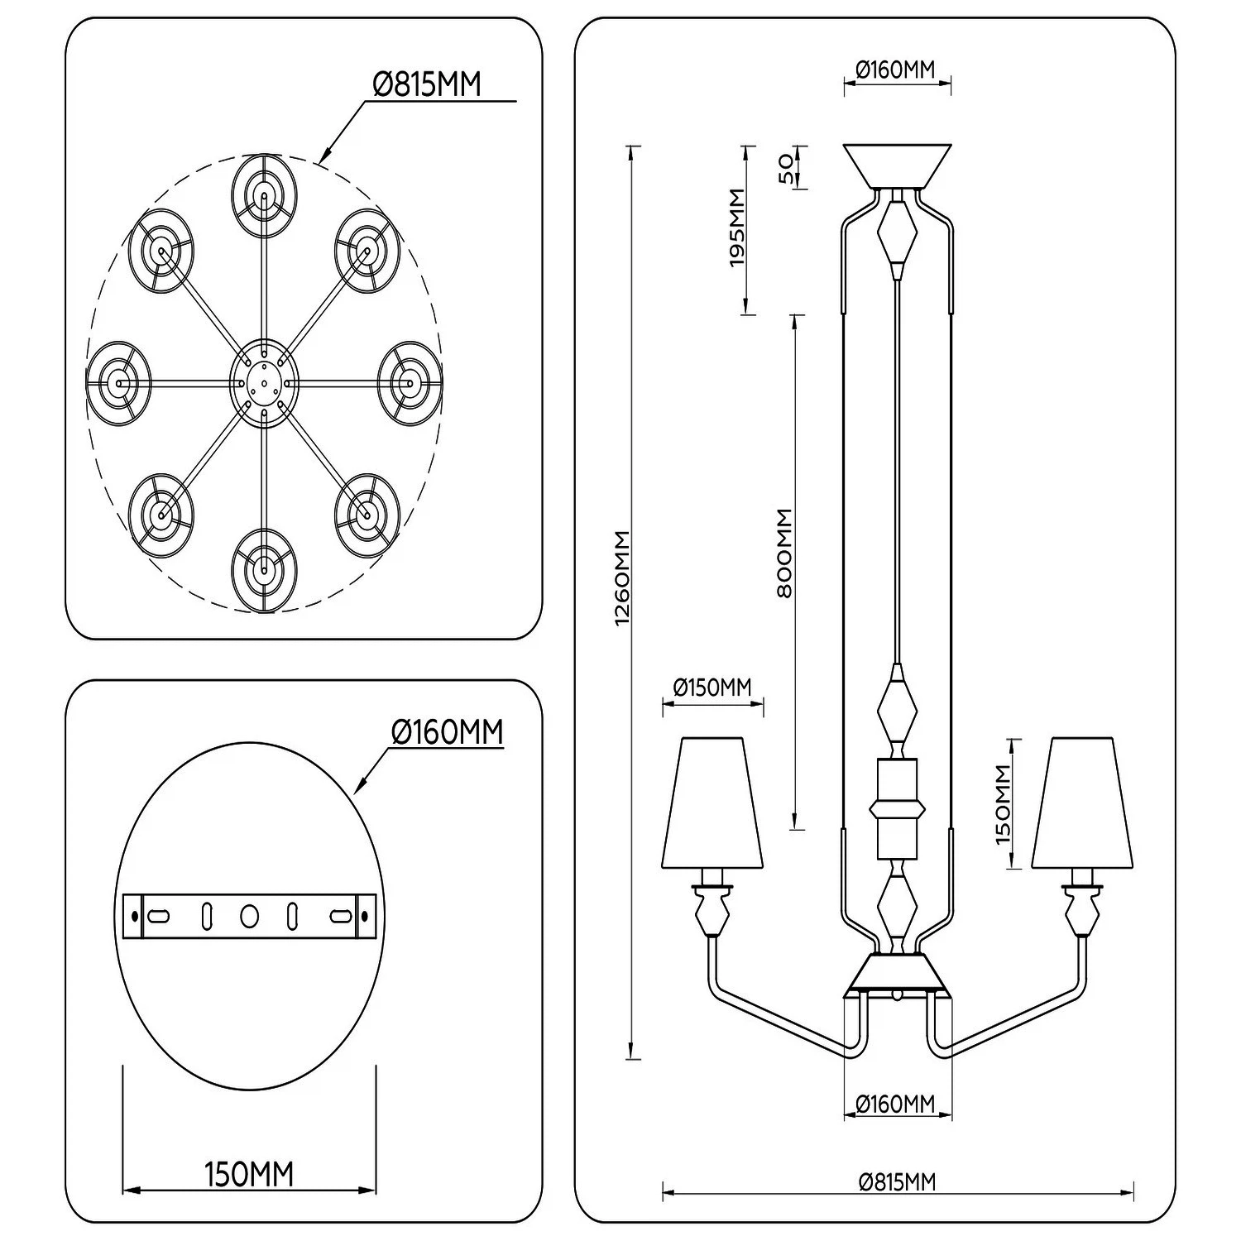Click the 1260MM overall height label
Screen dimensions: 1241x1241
(623, 577)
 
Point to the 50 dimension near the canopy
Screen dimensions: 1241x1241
(787, 167)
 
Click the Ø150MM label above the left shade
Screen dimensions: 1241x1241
(712, 687)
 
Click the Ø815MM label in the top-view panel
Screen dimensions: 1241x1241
(426, 84)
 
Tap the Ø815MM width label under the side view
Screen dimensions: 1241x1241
(897, 1181)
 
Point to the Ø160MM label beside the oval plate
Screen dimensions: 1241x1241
(447, 731)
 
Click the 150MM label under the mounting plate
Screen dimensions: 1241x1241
(249, 1174)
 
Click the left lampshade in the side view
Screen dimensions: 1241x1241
(712, 801)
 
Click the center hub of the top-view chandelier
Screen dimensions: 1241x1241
(263, 383)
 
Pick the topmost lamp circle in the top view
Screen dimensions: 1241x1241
(264, 197)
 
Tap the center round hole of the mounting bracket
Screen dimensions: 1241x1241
(249, 916)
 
